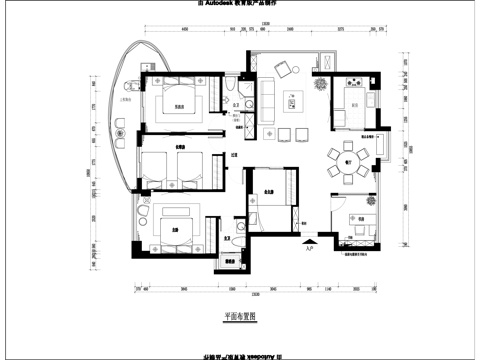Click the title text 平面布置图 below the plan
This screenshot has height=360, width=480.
coord(240,316)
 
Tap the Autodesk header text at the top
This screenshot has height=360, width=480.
coord(239,4)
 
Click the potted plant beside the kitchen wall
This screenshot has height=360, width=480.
coord(322,85)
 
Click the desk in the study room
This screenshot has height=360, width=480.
coord(365,221)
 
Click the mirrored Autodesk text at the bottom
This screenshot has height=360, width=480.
coord(239,354)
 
